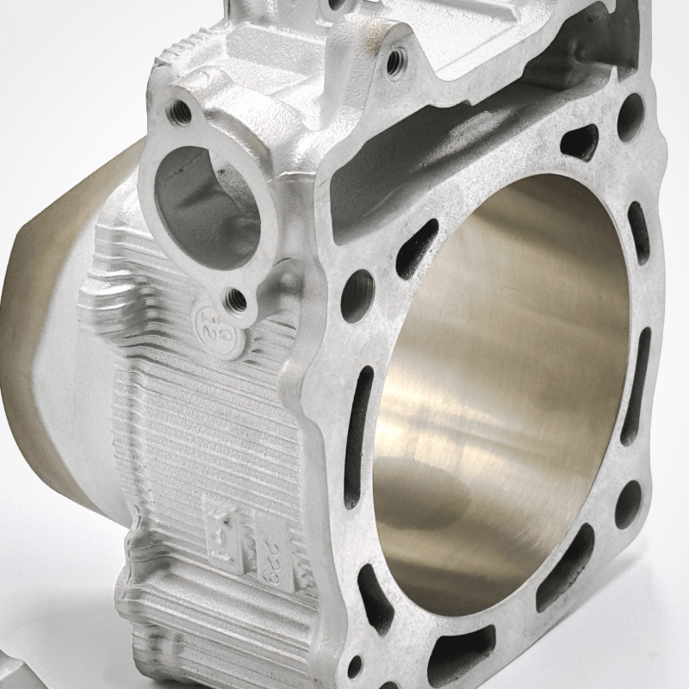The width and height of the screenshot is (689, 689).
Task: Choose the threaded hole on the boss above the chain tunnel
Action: coord(395,59)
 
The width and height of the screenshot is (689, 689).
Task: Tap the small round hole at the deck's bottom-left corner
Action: coord(356,666)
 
